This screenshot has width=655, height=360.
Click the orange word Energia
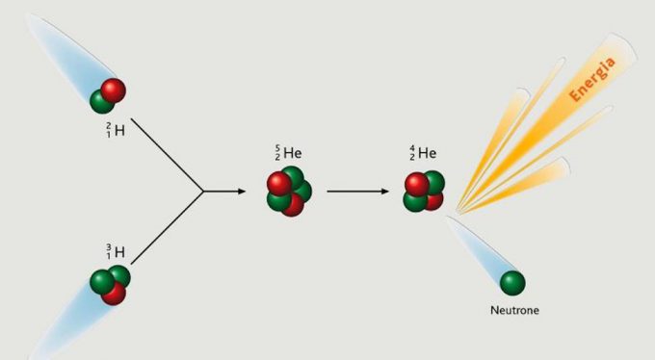tap(593, 79)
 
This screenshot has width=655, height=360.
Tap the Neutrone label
tap(512, 310)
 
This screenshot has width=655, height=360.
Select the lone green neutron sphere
tap(512, 282)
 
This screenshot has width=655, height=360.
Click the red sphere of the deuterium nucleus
tap(114, 90)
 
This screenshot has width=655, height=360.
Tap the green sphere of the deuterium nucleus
tap(102, 100)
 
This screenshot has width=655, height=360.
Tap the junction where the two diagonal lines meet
tap(204, 191)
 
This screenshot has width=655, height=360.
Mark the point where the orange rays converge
tap(457, 210)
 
